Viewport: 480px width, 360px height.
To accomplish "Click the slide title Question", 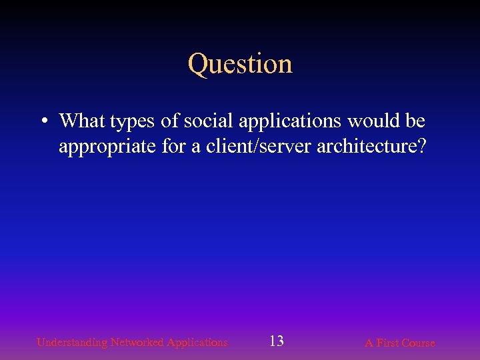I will tap(240, 64).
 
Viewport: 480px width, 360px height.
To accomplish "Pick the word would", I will tap(366, 121).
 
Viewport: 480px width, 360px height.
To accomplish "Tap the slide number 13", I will tap(276, 341).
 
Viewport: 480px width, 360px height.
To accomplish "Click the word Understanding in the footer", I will tap(72, 343).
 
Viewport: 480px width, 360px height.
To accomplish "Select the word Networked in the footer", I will tap(137, 343).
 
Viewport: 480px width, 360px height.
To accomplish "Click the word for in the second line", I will tap(175, 146).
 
